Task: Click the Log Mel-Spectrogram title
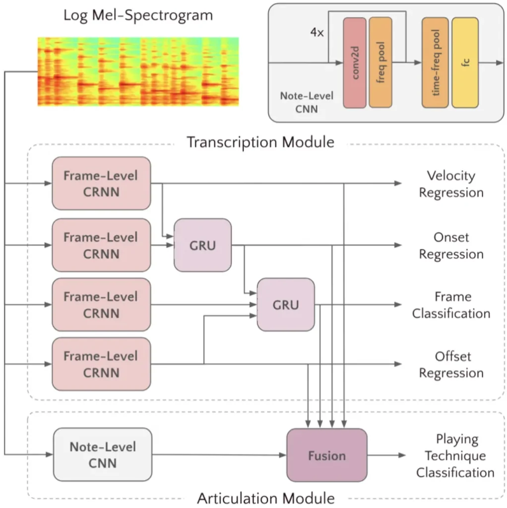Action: click(138, 15)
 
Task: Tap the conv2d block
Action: click(355, 63)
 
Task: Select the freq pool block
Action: click(380, 63)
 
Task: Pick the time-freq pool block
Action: click(435, 63)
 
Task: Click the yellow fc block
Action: click(465, 63)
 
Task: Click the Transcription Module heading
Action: click(260, 142)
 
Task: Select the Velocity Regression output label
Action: click(451, 184)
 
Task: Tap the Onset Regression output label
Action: click(451, 246)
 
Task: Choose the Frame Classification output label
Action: click(451, 305)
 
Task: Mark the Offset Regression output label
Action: click(451, 365)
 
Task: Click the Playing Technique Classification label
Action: click(454, 455)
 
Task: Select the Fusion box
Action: click(327, 455)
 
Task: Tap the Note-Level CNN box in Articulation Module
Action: click(103, 454)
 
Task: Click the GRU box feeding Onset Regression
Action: click(202, 245)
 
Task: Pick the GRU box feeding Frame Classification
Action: click(286, 305)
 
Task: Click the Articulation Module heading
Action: click(266, 498)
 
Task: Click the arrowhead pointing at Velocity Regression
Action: click(398, 184)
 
